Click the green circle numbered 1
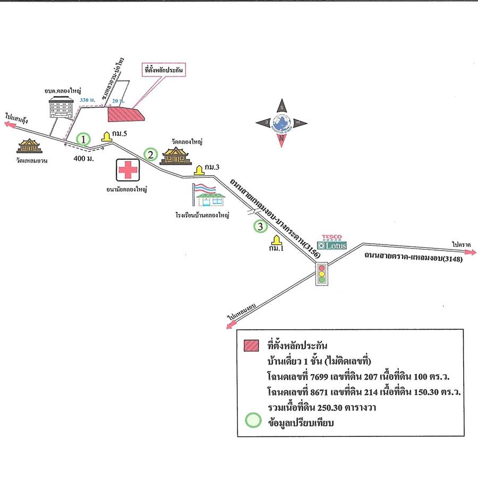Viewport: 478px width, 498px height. (83, 139)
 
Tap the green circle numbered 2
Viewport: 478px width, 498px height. (151, 155)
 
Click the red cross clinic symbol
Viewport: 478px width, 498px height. (127, 170)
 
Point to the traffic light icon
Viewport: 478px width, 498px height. (321, 274)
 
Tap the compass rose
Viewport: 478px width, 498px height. (281, 123)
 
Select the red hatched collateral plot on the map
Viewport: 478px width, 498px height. (125, 114)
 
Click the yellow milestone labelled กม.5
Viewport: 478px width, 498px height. (107, 136)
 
